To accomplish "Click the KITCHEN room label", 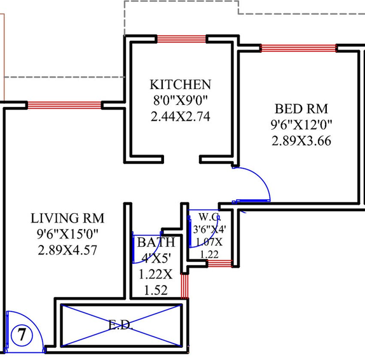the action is pos(181,85).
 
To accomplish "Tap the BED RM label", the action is pos(301,109).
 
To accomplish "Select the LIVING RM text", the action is pos(67,218).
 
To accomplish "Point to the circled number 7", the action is pos(22,335).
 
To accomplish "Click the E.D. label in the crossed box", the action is pos(121,324).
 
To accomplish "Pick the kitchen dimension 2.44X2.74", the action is pos(181,116).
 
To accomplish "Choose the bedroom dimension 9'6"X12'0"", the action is pos(301,125).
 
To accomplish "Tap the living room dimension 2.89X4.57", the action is pos(67,251).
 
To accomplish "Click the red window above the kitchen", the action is pos(182,39).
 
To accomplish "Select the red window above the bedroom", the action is pos(299,48).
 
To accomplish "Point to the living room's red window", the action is pos(64,105).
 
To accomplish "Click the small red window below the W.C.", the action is pos(219,263).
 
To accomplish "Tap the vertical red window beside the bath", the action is pos(184,286).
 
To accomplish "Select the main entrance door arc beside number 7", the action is pos(33,321).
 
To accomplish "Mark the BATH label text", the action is pos(156,242).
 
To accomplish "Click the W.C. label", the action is pos(209,217).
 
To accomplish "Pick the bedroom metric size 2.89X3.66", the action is pos(301,141).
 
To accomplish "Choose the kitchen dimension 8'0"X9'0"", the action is pos(181,100).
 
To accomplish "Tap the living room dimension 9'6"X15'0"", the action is pos(67,234).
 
